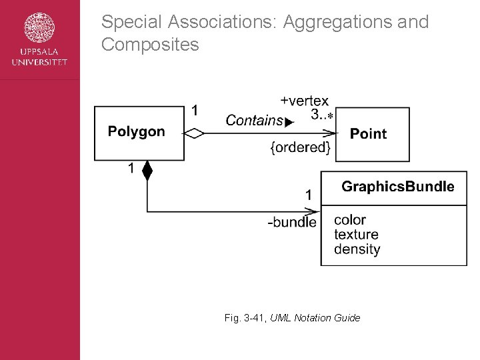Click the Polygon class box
[x=139, y=133]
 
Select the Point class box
[x=373, y=134]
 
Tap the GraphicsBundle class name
[x=397, y=187]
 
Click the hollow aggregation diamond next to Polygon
[x=194, y=134]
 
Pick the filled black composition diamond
[x=147, y=171]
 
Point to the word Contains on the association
[x=254, y=121]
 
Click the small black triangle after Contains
[x=289, y=123]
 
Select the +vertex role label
[x=304, y=101]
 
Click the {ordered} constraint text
[x=300, y=147]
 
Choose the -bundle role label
[x=292, y=222]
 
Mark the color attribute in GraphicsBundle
[x=350, y=220]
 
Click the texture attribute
[x=356, y=235]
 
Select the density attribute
[x=357, y=249]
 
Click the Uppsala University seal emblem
[x=39, y=27]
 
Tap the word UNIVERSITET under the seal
[x=39, y=63]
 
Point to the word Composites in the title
[x=150, y=45]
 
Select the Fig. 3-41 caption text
[x=292, y=318]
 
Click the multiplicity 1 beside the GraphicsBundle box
[x=309, y=195]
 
